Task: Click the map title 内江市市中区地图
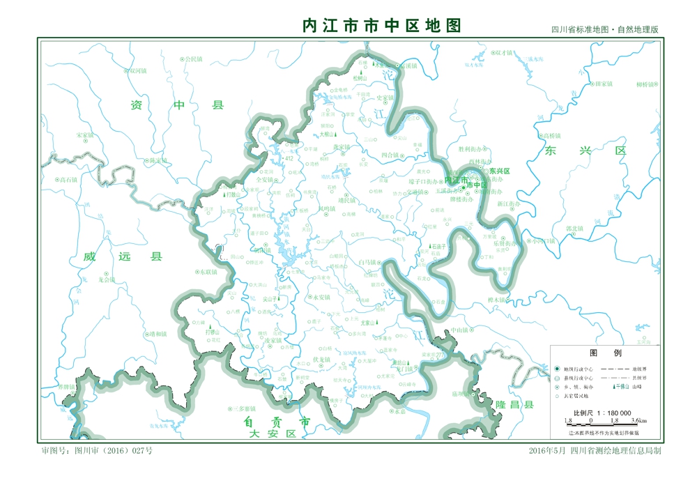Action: pos(381,26)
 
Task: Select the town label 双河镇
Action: pos(138,71)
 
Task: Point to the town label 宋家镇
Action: pos(84,134)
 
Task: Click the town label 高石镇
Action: pos(68,180)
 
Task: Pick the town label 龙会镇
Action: pos(106,279)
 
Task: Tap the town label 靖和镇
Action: pos(158,334)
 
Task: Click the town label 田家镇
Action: pos(603,84)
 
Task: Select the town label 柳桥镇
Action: pos(648,84)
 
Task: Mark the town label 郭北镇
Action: pos(574,228)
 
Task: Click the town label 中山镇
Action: pos(459,330)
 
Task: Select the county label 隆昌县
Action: pos(514,405)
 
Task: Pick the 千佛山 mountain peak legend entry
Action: pos(622,386)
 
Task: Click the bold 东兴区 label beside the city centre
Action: pos(499,171)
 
